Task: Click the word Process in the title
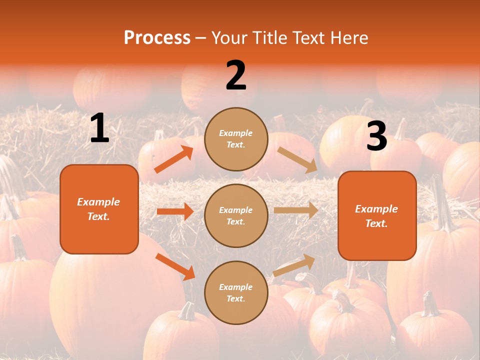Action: pos(157,38)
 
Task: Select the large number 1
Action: pos(99,129)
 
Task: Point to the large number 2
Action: pos(236,76)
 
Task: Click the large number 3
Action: pos(376,136)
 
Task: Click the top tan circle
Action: pos(236,139)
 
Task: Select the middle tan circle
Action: pos(236,215)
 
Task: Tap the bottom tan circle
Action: pos(236,292)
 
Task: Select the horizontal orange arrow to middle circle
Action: pos(175,211)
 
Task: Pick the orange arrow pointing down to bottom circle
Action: pos(175,266)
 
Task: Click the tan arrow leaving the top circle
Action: pos(297,159)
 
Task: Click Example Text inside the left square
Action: pos(98,209)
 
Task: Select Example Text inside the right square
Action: pos(376,216)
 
